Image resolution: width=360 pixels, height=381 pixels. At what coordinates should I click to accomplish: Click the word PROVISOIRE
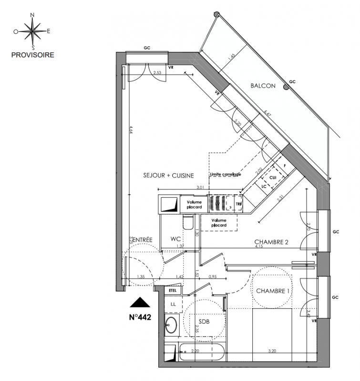tap(32, 55)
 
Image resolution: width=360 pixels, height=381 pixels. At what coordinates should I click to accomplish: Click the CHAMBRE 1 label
tap(273, 291)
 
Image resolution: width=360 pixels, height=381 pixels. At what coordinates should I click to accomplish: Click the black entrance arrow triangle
tap(140, 302)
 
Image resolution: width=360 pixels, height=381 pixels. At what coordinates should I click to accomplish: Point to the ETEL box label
tap(172, 290)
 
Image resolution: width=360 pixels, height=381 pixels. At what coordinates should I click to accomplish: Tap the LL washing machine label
tap(172, 303)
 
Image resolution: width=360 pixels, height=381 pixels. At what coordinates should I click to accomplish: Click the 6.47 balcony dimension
tap(267, 114)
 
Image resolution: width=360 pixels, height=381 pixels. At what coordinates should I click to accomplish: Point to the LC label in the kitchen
tap(264, 186)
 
